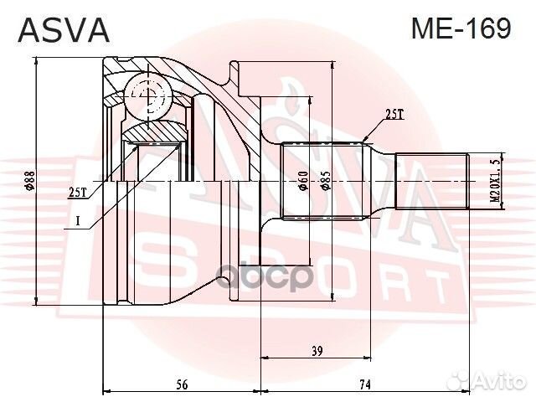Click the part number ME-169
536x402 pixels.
pos(460,29)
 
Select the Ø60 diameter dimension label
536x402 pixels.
pos(304,182)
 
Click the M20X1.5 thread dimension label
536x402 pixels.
pos(493,182)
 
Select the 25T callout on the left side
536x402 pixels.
pos(77,192)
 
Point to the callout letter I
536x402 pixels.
pos(77,221)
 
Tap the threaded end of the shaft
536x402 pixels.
pos(430,182)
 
